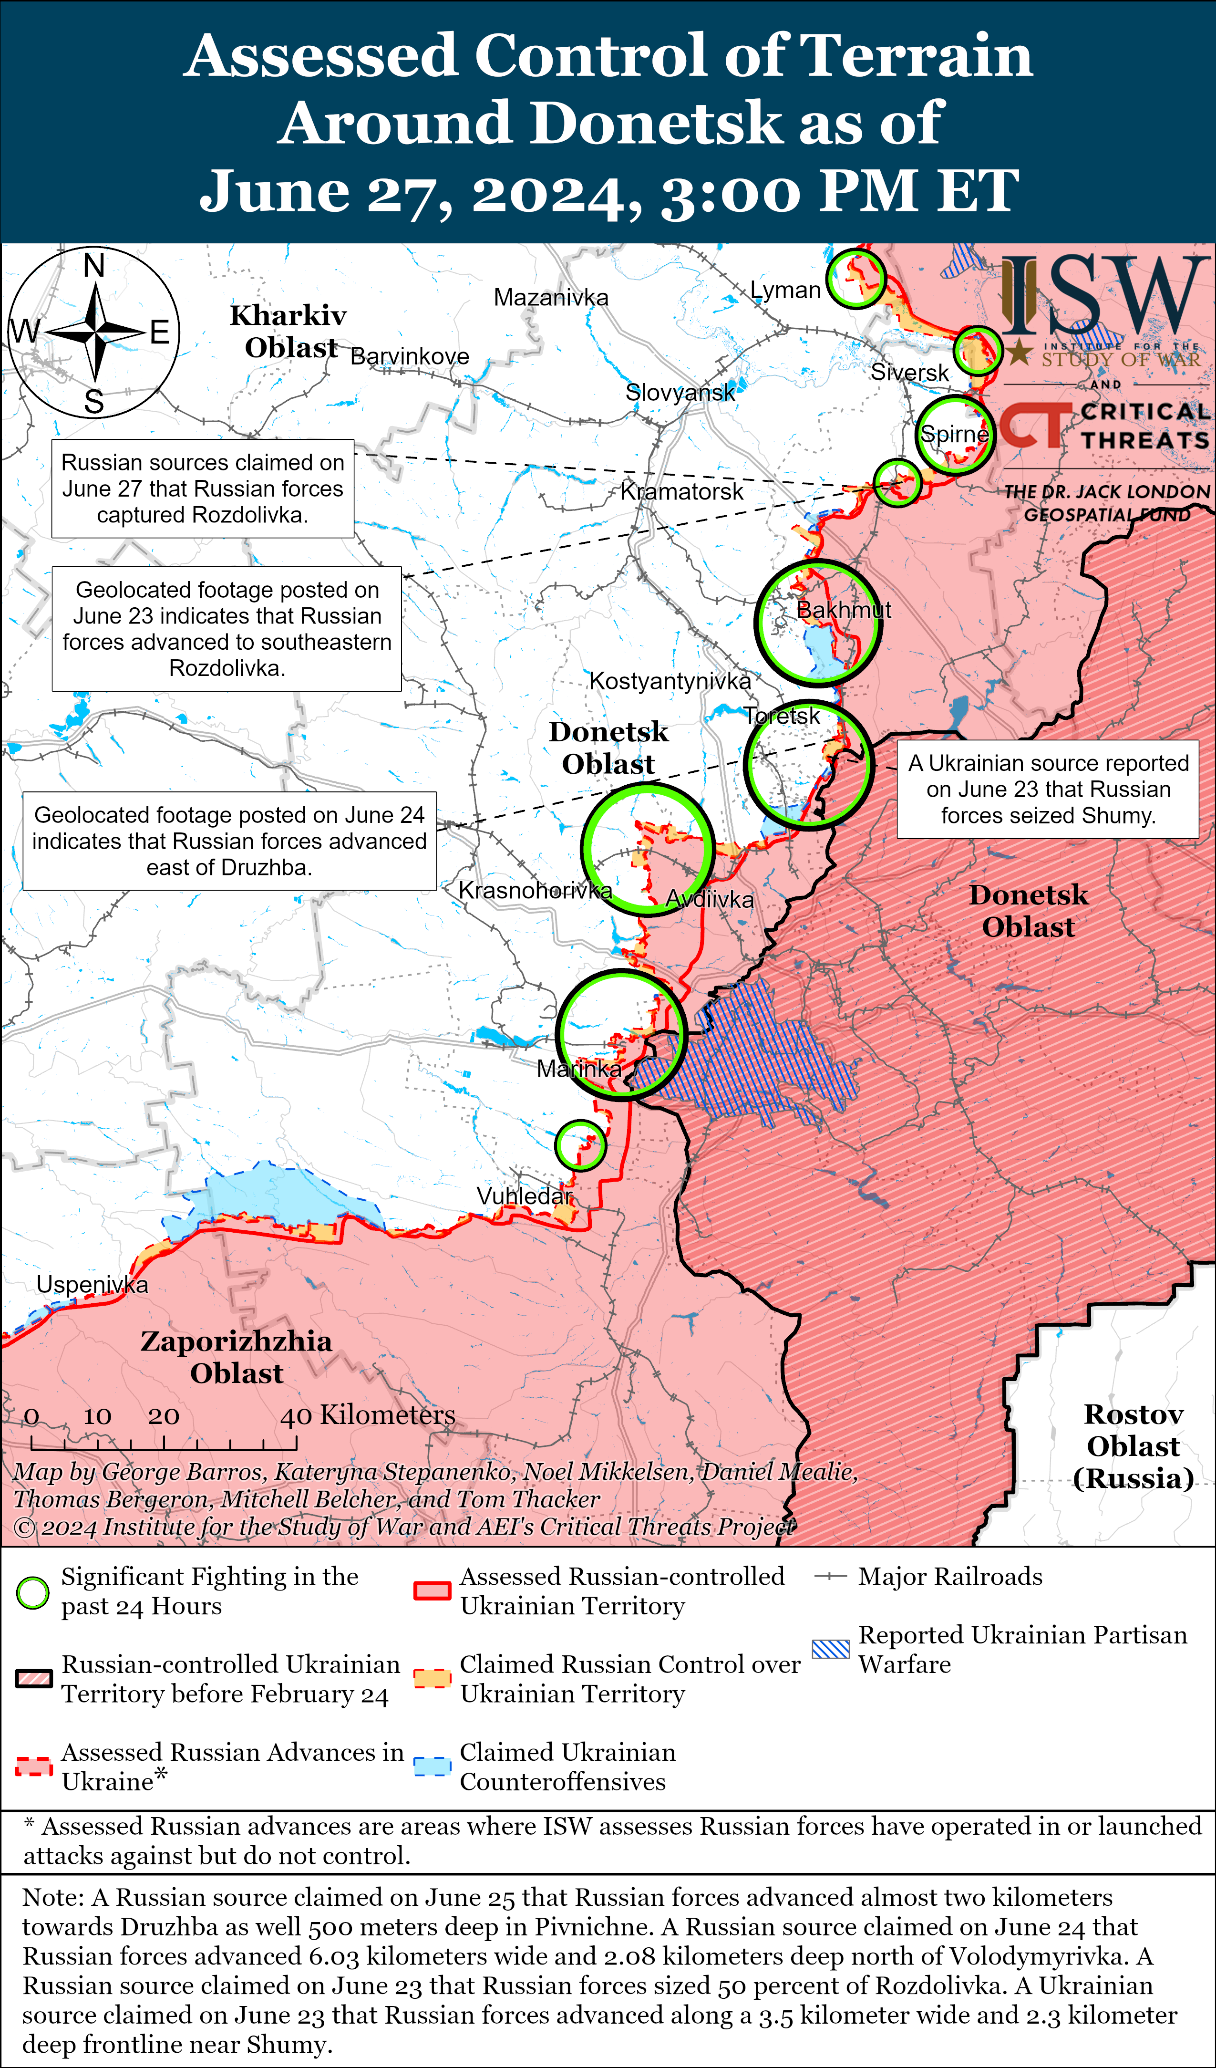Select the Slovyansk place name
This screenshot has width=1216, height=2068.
point(680,392)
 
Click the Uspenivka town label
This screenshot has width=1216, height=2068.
point(92,1284)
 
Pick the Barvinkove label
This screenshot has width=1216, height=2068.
point(410,356)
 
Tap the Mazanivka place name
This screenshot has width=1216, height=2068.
point(551,297)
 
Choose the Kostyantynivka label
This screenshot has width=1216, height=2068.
point(670,681)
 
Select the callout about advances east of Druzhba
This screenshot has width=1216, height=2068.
point(229,841)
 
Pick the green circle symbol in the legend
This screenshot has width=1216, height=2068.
point(33,1593)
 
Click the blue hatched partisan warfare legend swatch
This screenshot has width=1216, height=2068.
point(830,1649)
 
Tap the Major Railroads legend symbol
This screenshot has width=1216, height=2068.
point(830,1577)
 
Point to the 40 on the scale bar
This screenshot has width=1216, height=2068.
point(295,1415)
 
